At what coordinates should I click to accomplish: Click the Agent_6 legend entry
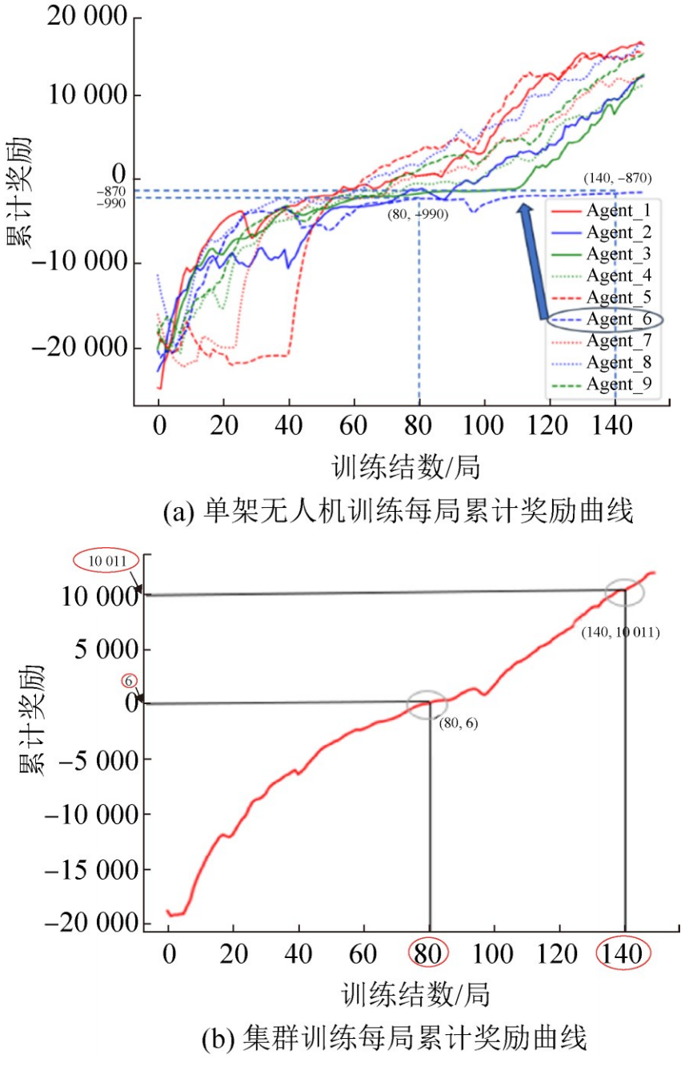(619, 320)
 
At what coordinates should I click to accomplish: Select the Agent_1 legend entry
(619, 211)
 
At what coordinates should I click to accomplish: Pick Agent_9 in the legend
(619, 384)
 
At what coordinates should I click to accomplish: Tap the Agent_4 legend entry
(619, 276)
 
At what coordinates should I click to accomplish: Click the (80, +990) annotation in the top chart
(417, 215)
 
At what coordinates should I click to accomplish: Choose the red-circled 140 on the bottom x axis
(624, 954)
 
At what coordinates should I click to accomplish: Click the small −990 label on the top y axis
(112, 203)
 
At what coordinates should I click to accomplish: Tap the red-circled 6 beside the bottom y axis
(127, 680)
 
